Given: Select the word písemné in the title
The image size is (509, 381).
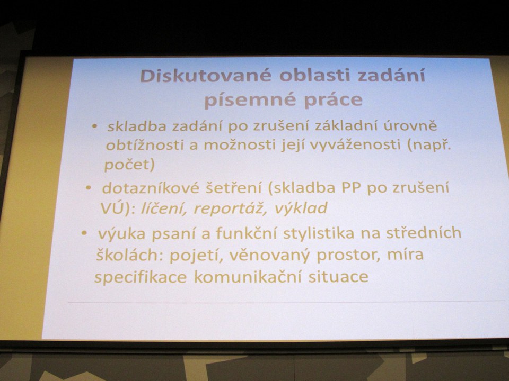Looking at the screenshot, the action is (x=249, y=100).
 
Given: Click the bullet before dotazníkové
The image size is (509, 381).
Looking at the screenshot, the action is (x=89, y=188).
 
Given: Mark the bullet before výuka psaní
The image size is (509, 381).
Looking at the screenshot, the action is (x=84, y=233).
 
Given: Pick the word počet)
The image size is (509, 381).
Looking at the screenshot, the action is (x=129, y=165).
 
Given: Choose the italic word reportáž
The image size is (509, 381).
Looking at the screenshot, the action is (x=227, y=208).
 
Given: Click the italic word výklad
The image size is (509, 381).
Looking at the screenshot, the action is (x=301, y=208).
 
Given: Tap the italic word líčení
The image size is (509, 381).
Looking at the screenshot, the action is (x=164, y=208).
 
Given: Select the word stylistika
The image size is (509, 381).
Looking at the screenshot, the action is (x=319, y=233).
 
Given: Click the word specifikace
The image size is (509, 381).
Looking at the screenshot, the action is (x=141, y=278).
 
